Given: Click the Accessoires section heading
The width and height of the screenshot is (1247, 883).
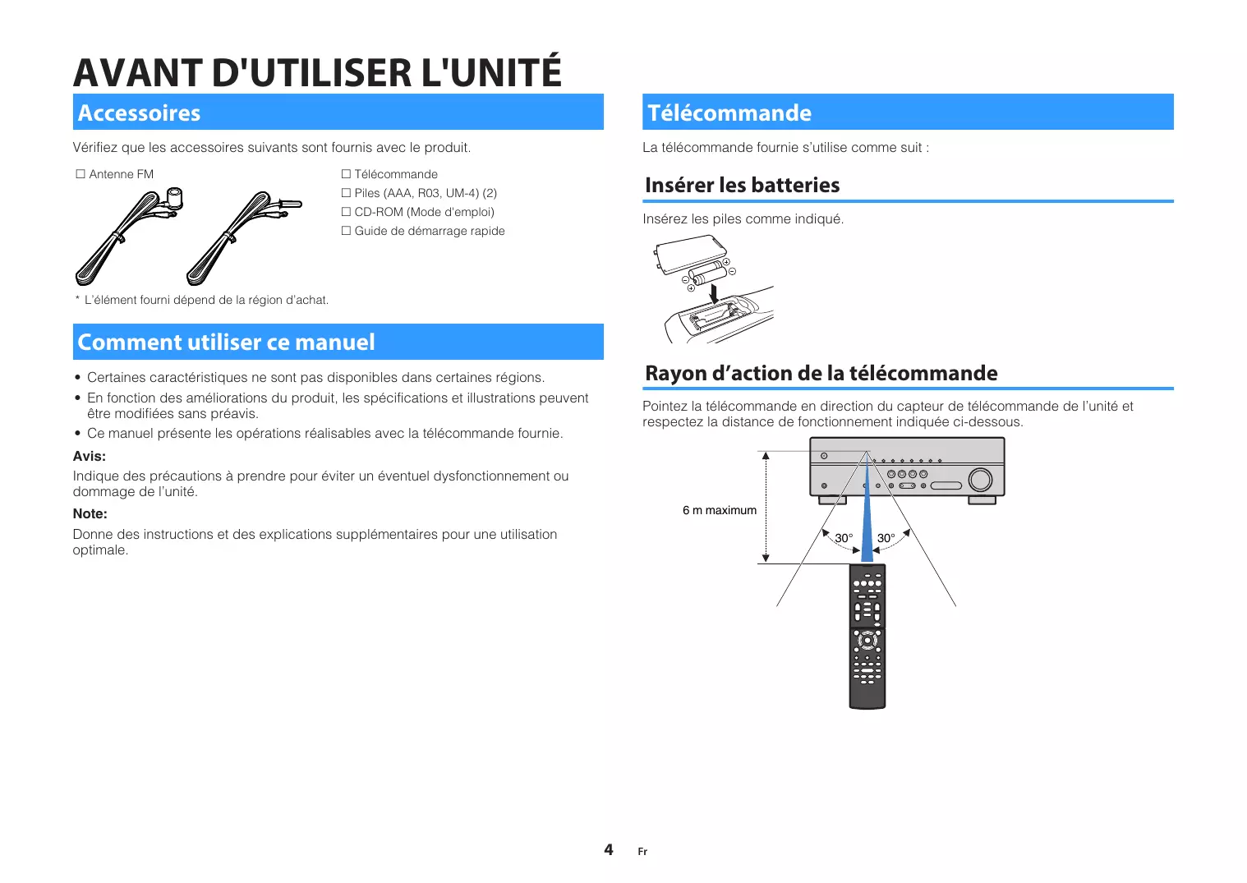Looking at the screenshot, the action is click(x=139, y=113).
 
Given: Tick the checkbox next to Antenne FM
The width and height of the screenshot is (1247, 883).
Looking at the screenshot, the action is click(x=81, y=173).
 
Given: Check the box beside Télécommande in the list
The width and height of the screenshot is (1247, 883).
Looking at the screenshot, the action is click(x=346, y=173).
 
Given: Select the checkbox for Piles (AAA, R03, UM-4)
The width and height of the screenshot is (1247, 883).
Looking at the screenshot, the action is click(x=346, y=193).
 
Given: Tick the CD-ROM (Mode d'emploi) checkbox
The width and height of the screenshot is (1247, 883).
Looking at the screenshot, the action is click(x=346, y=212).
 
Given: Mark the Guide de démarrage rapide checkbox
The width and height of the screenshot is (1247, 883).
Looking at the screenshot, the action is click(x=346, y=231).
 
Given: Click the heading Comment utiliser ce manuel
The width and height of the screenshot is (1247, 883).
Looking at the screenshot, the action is click(x=226, y=342).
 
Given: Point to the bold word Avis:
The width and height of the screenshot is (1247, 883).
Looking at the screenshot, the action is click(x=89, y=456).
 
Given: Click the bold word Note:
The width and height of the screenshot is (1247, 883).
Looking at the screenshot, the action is click(x=90, y=513).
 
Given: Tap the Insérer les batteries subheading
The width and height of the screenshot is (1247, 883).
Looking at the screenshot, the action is click(x=742, y=185).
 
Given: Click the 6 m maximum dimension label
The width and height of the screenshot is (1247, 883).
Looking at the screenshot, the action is click(x=720, y=510).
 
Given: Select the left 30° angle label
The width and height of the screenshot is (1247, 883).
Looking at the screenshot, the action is click(x=844, y=538).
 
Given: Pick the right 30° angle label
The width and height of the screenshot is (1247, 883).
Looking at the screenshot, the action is click(x=886, y=538).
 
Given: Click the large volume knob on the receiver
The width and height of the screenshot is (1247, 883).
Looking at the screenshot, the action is click(x=980, y=480).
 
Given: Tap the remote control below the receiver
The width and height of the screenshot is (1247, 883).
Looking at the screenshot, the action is click(x=867, y=636).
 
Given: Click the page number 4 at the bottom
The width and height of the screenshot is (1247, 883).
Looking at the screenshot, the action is click(x=609, y=849).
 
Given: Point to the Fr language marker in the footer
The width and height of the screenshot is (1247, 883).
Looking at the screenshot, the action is click(x=642, y=851).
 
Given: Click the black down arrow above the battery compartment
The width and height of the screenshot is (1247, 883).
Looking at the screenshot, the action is click(x=714, y=293).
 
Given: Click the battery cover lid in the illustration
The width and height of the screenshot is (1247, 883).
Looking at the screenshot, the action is click(x=690, y=254).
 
